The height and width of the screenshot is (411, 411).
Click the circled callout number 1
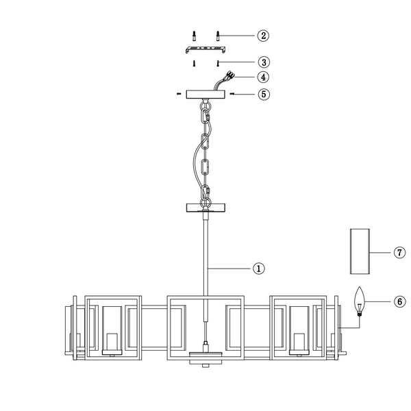[x=259, y=269]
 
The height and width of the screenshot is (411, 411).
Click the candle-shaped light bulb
[x=360, y=301]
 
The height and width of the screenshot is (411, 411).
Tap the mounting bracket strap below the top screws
[x=206, y=49]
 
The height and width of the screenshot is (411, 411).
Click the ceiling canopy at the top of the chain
[x=206, y=94]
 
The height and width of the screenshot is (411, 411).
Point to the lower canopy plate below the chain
[x=206, y=207]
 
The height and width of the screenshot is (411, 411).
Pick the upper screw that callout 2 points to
[x=218, y=34]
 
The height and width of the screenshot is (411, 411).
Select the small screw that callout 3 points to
[x=218, y=62]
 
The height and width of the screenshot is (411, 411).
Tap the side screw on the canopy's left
[x=179, y=94]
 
